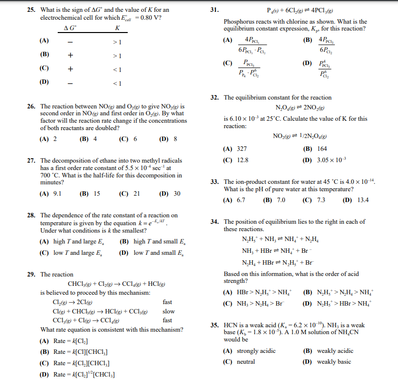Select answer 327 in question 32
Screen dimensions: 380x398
241,148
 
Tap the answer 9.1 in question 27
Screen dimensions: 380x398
57,194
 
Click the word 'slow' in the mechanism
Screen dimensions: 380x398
168,311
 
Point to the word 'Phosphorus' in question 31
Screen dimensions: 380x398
239,22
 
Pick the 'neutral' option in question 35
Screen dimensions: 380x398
246,362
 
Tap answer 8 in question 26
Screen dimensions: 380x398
175,139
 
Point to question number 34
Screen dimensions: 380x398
215,222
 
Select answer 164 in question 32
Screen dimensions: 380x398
322,148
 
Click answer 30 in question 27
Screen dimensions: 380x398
177,194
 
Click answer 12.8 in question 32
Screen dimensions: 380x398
242,160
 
